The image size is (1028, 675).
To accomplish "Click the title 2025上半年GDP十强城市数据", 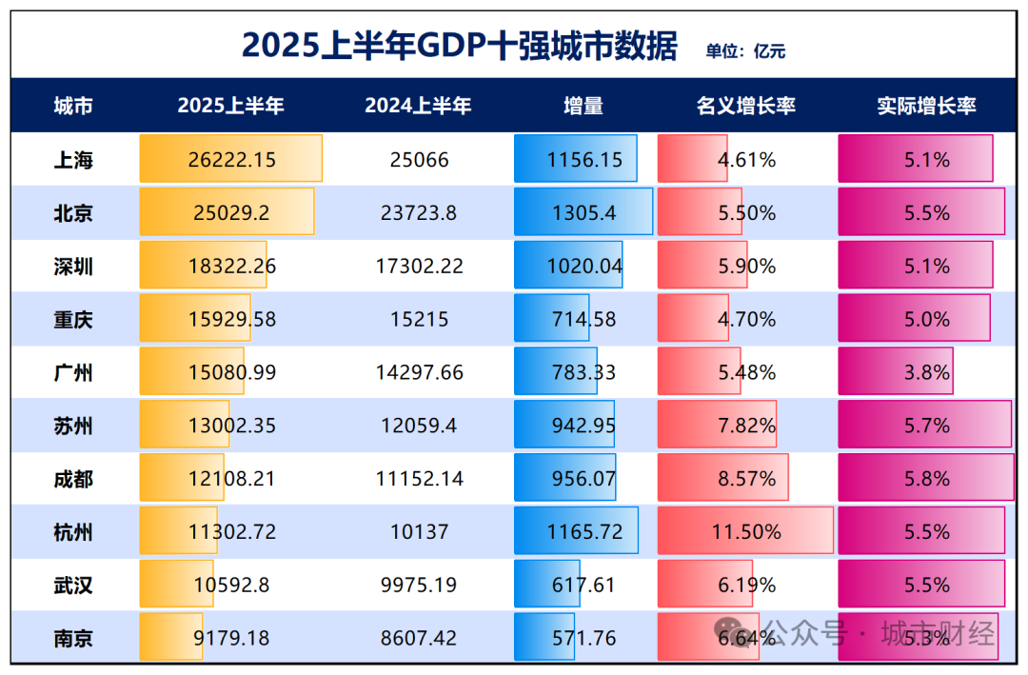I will (459, 46).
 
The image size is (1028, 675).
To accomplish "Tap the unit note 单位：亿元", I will (745, 51).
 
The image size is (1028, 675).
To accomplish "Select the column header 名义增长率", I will (746, 106).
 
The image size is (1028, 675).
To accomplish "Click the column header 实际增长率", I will (926, 106).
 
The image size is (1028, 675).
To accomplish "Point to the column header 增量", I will (583, 106).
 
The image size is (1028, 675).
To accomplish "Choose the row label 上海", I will (73, 160).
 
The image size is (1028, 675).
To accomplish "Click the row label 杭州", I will (73, 531).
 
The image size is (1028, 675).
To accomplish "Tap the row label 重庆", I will (73, 319).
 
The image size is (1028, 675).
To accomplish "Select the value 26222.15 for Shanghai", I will (232, 160).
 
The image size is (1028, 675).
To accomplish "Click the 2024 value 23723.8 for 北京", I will (419, 213).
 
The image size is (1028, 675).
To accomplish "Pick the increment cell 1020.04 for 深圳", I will (584, 267).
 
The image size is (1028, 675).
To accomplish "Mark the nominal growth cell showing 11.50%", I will (746, 531).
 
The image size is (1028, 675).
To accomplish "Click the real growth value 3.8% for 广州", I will (926, 372).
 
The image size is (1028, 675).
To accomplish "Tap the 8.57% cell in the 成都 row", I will (746, 479).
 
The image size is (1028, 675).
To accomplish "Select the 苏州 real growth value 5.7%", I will (926, 426).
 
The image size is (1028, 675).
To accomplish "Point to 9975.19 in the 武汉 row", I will (419, 585).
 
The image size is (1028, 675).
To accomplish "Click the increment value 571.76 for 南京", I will (584, 638).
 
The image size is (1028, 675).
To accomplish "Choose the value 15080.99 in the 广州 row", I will (232, 372).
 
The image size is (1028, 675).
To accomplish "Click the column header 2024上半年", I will (418, 106).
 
